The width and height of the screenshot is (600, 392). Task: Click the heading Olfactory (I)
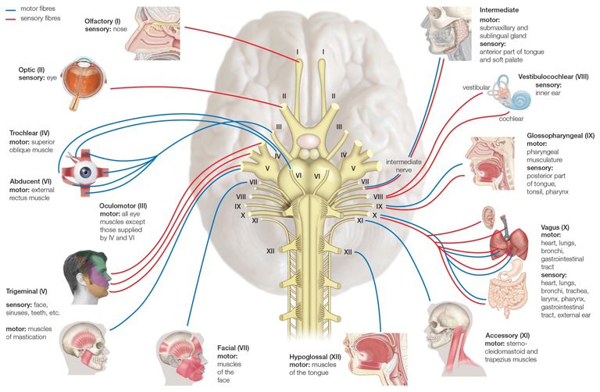point(102,21)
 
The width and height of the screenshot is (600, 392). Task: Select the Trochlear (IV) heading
point(30,133)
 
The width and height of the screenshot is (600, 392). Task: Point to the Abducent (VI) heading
point(30,181)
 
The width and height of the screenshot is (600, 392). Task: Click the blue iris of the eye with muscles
point(85,173)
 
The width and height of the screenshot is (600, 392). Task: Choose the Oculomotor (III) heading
point(123,205)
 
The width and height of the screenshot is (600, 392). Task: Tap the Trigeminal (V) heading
point(27,291)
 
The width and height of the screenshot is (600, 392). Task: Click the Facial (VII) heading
point(233,348)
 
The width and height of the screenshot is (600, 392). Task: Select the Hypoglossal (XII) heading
point(315,357)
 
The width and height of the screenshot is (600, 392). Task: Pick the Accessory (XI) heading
point(507,336)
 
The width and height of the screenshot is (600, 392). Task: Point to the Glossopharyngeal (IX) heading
point(561,135)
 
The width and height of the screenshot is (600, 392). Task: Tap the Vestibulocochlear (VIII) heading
point(553,77)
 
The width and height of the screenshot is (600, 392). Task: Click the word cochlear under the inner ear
point(511,119)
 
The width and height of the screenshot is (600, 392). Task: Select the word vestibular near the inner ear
point(476,87)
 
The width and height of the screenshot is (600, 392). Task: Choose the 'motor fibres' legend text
point(37,9)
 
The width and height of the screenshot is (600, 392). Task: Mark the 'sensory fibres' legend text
point(40,18)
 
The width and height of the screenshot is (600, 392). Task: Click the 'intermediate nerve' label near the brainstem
point(403,166)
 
